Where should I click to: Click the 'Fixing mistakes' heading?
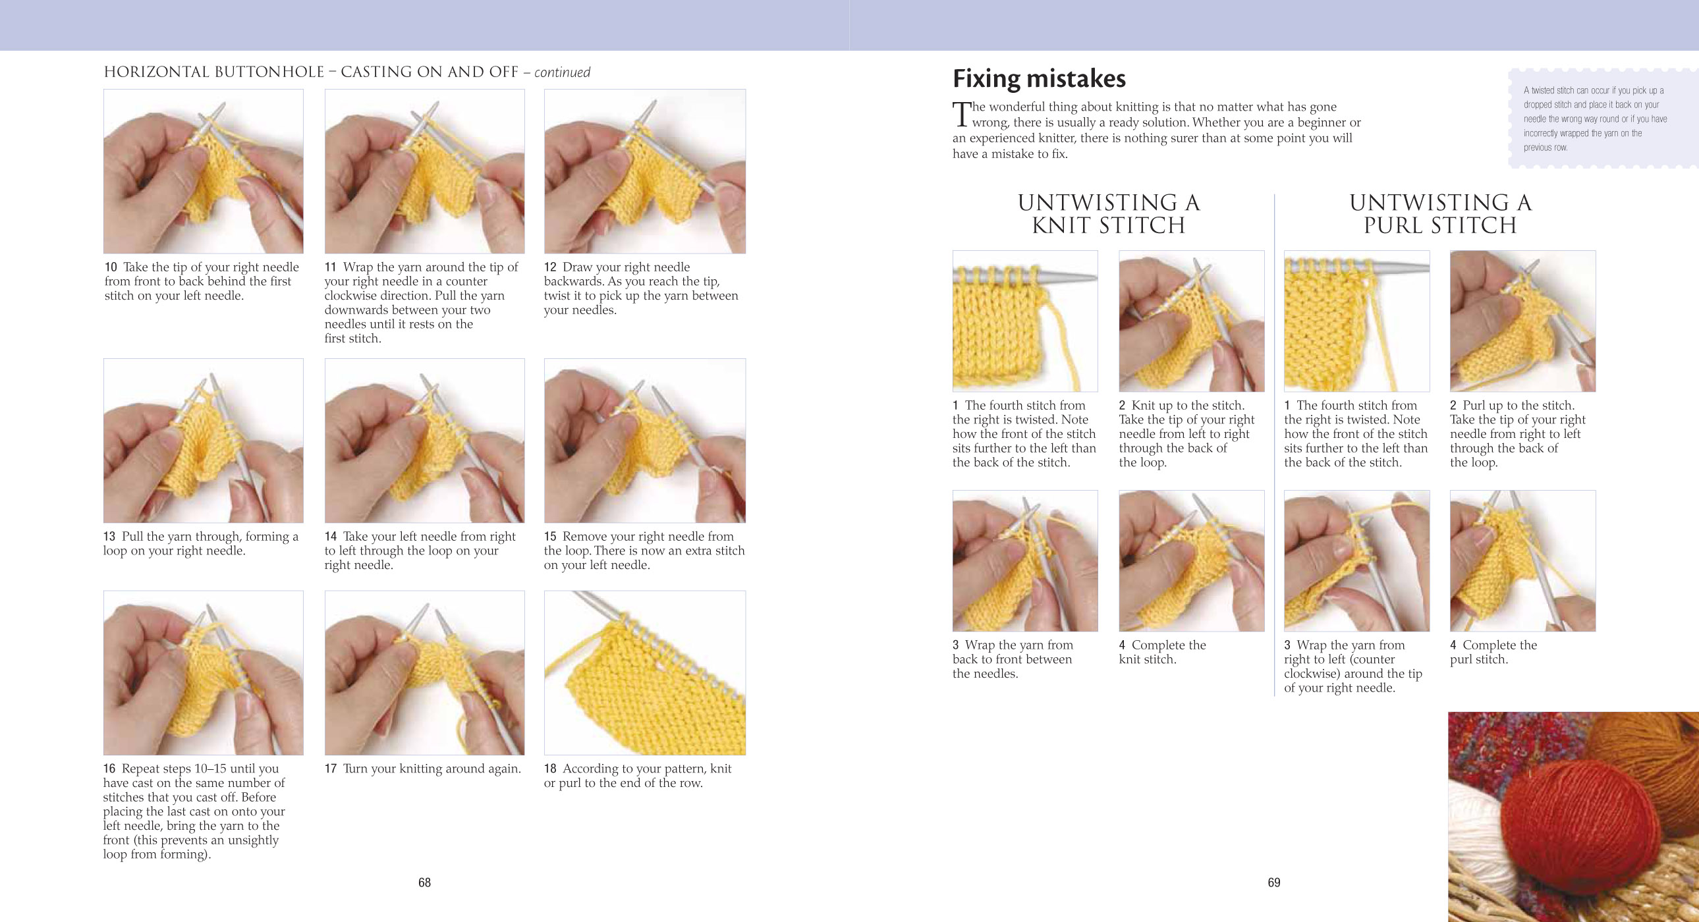coord(1039,79)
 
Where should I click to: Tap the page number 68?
coord(424,882)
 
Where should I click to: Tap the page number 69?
coord(1273,882)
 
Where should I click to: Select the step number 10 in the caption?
coord(110,267)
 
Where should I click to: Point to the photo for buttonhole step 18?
coord(644,672)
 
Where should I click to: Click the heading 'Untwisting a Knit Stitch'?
coord(1108,213)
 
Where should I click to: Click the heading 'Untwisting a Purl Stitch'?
coord(1440,213)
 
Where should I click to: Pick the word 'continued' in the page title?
coord(562,72)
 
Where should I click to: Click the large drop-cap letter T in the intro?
coord(962,114)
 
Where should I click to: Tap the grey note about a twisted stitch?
coord(1595,119)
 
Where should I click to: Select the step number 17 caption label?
coord(331,769)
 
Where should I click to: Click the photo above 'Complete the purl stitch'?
coord(1522,560)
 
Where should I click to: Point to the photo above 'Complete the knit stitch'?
coord(1191,560)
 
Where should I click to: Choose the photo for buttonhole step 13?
coord(203,441)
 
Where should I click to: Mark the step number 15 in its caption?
coord(550,537)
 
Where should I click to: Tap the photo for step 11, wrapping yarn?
coord(424,171)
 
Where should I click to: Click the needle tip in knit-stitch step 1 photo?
coord(1088,279)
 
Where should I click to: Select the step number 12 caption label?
coord(550,267)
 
